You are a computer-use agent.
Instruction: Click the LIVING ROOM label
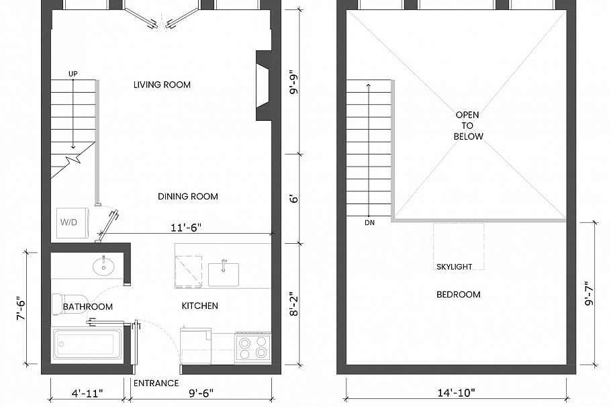162,85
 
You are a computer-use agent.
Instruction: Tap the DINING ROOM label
188,197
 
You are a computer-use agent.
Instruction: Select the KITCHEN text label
200,306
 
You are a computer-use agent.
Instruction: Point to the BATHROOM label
87,307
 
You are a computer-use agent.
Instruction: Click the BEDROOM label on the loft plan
459,295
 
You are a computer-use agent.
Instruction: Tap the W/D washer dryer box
68,222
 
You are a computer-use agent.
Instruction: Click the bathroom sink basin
103,266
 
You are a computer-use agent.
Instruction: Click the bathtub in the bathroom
87,344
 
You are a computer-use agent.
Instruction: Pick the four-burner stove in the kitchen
252,348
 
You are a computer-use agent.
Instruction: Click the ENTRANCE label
156,383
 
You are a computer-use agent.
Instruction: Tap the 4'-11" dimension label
87,392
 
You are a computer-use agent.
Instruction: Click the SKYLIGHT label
455,267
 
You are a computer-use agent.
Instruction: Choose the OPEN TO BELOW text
468,126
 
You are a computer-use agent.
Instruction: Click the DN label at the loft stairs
369,222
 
